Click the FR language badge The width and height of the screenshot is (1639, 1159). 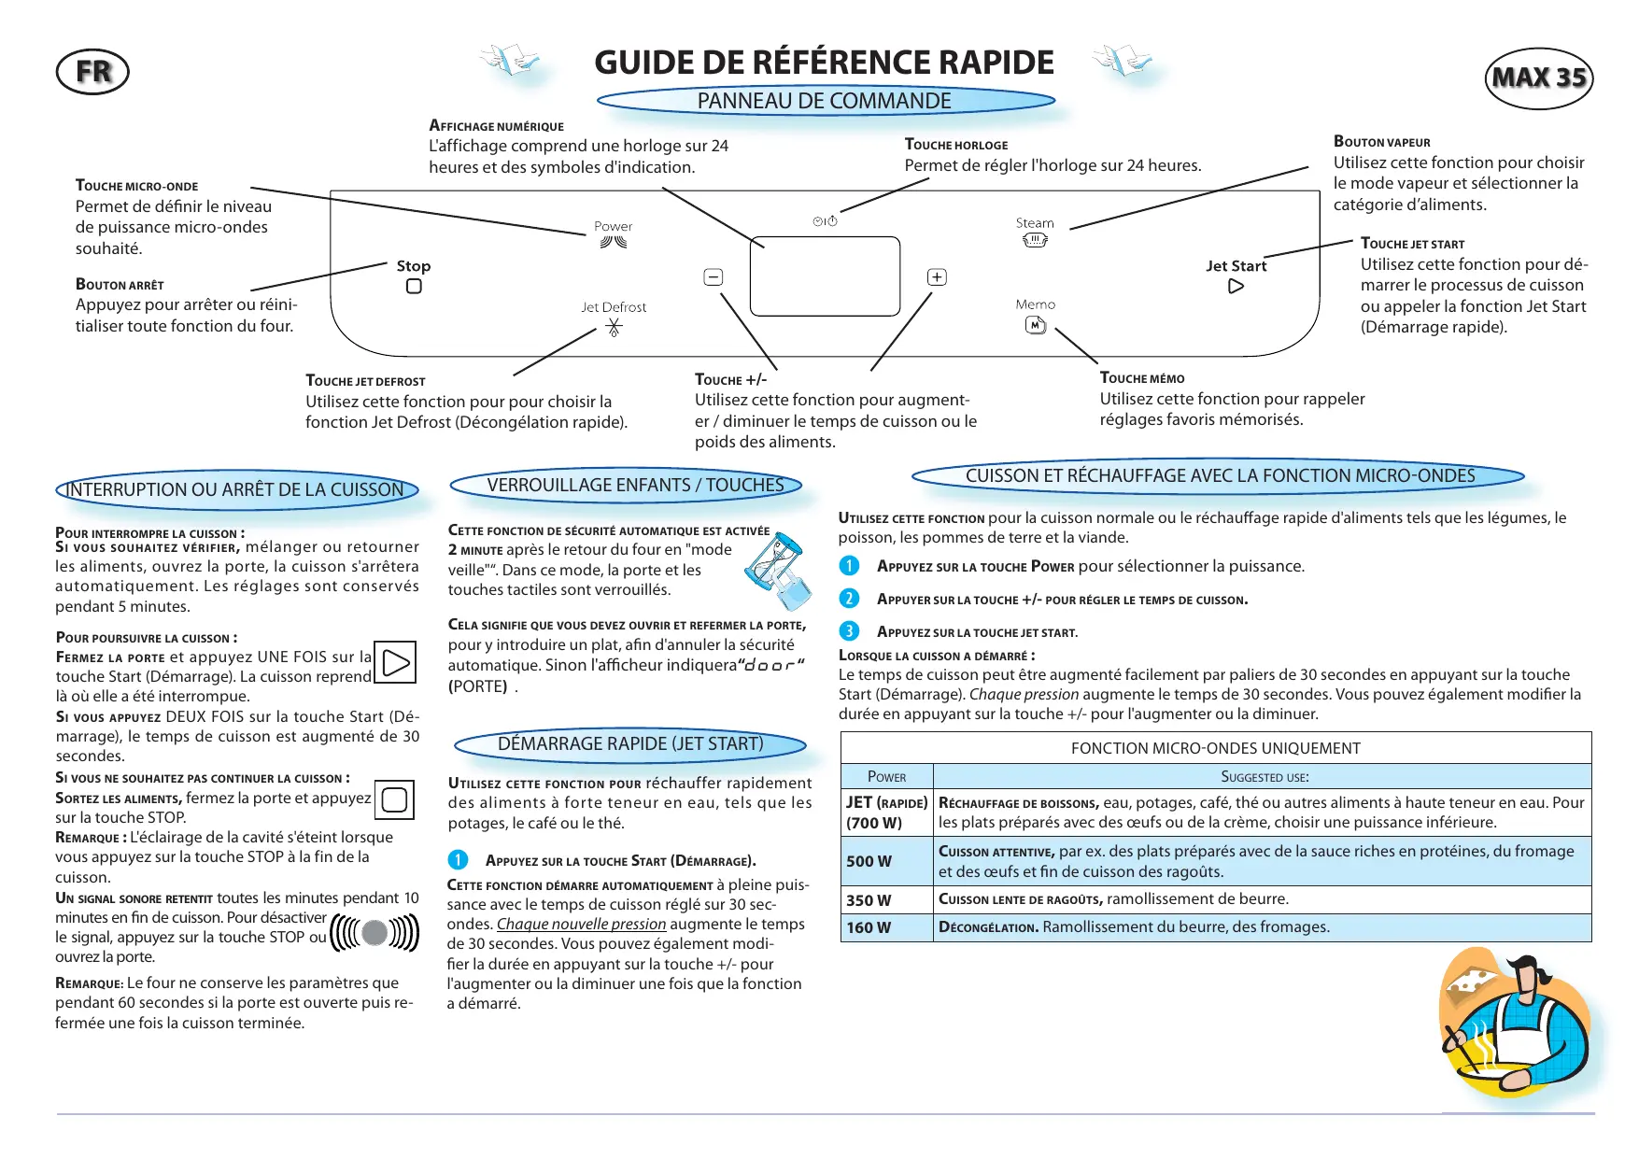click(x=92, y=72)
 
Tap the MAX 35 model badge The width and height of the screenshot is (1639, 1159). click(x=1538, y=78)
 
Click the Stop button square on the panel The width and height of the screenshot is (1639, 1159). click(x=414, y=287)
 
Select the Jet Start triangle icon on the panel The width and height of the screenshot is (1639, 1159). click(x=1236, y=287)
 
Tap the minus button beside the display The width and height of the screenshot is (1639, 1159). click(x=714, y=277)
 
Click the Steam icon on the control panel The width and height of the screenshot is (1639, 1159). click(x=1035, y=241)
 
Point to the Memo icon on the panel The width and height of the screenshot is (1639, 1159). click(x=1036, y=325)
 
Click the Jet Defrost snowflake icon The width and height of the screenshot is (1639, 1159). click(x=614, y=327)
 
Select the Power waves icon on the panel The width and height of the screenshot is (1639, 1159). click(x=614, y=243)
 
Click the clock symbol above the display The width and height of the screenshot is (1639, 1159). click(x=826, y=221)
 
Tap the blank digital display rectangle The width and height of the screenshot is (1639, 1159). click(x=825, y=276)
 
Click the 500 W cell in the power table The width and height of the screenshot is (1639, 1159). click(x=886, y=861)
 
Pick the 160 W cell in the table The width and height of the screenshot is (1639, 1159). click(x=886, y=927)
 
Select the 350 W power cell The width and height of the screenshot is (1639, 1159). click(x=886, y=900)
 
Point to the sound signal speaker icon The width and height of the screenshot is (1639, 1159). click(x=374, y=932)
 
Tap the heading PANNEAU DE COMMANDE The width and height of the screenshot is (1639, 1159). click(x=825, y=101)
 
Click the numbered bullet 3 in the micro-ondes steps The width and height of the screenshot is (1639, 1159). click(x=849, y=631)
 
